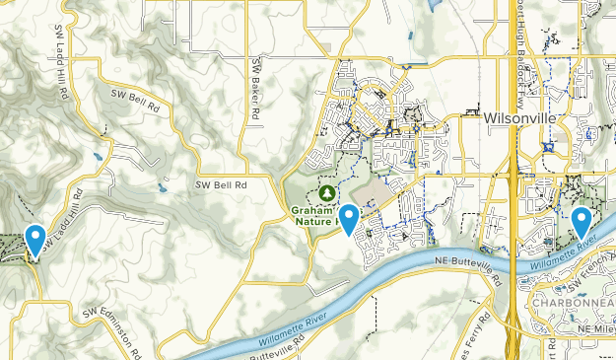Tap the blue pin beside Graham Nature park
(348, 217)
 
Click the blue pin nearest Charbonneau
(582, 221)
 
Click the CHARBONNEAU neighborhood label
(573, 301)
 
